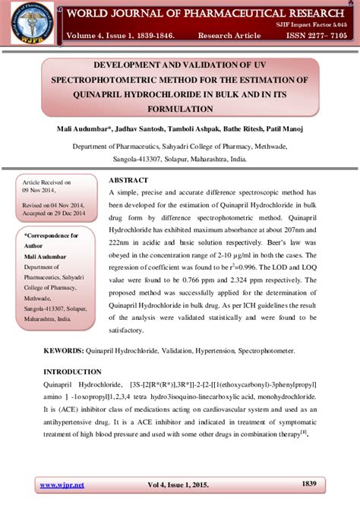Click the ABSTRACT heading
tap(129, 180)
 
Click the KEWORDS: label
tap(63, 352)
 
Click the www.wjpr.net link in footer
tap(62, 484)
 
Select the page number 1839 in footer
tap(309, 483)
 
